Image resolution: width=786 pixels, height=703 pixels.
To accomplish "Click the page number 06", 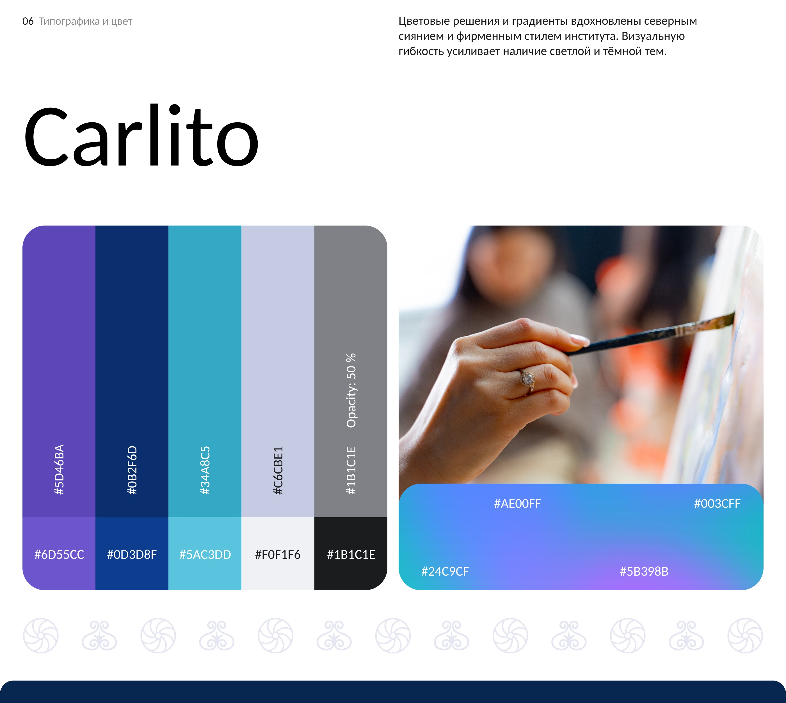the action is [x=28, y=21].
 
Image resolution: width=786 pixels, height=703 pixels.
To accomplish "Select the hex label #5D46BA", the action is [x=59, y=469].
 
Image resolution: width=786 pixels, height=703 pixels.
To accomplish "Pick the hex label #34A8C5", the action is [x=205, y=470].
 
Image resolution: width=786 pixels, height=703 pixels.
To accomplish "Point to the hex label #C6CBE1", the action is [x=278, y=470].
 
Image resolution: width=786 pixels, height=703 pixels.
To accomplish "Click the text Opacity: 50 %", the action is [x=351, y=390].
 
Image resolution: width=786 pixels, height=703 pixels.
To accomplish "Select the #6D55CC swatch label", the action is [x=59, y=555].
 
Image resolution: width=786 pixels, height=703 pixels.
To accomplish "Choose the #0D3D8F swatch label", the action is [x=132, y=555].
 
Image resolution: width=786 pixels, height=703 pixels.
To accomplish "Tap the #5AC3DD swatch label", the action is [x=205, y=555].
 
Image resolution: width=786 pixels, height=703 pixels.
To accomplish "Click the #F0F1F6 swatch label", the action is [x=278, y=555].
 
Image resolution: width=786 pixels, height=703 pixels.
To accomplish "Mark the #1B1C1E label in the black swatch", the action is [x=351, y=555].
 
